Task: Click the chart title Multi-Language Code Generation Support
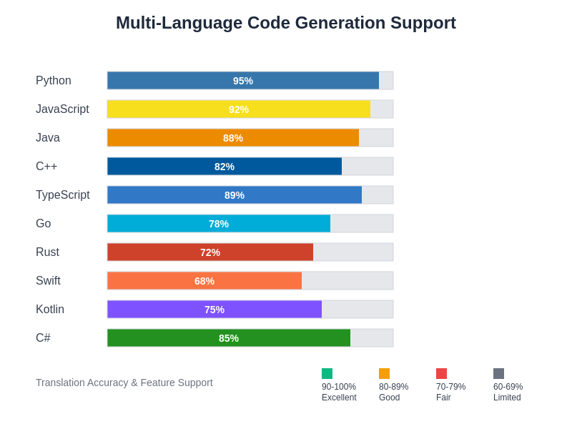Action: point(286,23)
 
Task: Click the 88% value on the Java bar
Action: point(233,138)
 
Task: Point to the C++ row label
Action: point(46,167)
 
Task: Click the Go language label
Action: point(44,224)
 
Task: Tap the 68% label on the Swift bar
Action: point(204,281)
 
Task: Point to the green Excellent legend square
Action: point(327,373)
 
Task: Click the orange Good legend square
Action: point(384,373)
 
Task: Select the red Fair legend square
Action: point(441,373)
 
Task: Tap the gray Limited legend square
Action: point(498,373)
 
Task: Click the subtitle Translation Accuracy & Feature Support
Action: point(124,383)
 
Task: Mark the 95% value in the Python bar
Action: point(243,81)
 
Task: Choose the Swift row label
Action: point(48,281)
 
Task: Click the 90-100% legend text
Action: point(339,387)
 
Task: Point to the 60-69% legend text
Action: point(508,387)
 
